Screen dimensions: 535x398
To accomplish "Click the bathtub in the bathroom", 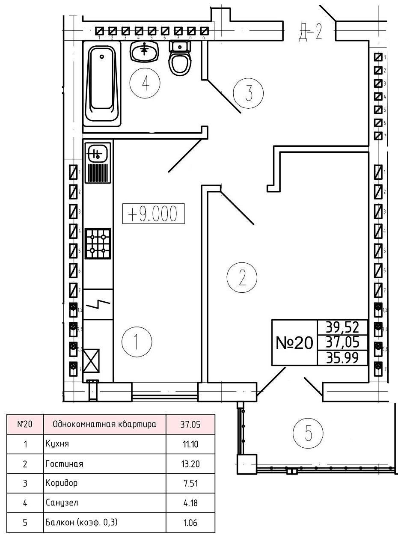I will pos(103,83).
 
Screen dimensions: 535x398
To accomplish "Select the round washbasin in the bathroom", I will pos(145,52).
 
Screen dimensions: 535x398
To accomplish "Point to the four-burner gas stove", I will pos(98,244).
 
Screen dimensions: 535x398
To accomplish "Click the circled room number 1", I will pos(136,342).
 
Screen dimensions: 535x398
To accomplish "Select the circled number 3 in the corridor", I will pos(248,93).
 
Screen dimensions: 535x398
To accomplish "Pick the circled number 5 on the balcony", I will pos(308,434).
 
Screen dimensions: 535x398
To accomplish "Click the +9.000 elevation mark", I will pos(153,214).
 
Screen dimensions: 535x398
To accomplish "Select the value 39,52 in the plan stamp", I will pos(342,327).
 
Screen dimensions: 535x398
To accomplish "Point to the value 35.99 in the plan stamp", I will pos(342,358).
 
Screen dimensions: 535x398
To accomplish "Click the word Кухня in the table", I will pos(57,444).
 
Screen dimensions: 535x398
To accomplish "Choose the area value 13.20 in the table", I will pos(190,464).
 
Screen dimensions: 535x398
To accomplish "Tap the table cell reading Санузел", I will pos(62,503).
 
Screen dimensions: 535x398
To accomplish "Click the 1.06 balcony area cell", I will pos(190,523).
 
